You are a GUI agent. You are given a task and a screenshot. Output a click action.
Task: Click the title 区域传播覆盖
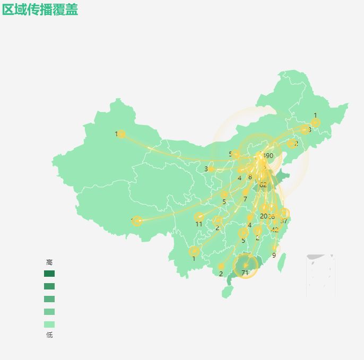click(x=40, y=10)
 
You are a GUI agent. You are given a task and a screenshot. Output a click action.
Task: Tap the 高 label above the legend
click(x=49, y=262)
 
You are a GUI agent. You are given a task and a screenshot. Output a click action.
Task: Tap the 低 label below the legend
click(x=49, y=335)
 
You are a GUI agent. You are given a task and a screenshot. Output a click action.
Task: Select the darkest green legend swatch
click(x=49, y=274)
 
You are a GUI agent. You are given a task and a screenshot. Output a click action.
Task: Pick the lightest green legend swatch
click(x=49, y=324)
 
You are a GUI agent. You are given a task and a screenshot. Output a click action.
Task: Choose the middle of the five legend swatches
click(x=49, y=299)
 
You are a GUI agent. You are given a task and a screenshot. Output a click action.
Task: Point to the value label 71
click(x=245, y=273)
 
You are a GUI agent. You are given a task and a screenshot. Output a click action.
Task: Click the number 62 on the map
click(x=263, y=185)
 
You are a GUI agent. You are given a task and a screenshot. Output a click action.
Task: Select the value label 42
click(x=274, y=230)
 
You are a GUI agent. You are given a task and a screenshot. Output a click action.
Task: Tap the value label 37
click(x=284, y=221)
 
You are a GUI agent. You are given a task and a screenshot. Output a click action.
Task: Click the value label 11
click(x=198, y=224)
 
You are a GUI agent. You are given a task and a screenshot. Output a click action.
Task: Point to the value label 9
click(x=274, y=255)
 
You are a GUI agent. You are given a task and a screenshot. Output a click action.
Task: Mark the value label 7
click(x=245, y=199)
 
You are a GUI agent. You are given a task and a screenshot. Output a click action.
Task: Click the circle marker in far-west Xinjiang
click(x=121, y=134)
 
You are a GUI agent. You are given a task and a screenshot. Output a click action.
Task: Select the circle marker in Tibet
click(x=137, y=221)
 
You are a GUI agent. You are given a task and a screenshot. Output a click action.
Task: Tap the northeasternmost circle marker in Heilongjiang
click(x=315, y=123)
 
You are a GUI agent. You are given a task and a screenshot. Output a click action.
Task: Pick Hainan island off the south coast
click(x=227, y=292)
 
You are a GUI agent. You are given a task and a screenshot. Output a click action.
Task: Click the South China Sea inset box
click(x=320, y=276)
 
